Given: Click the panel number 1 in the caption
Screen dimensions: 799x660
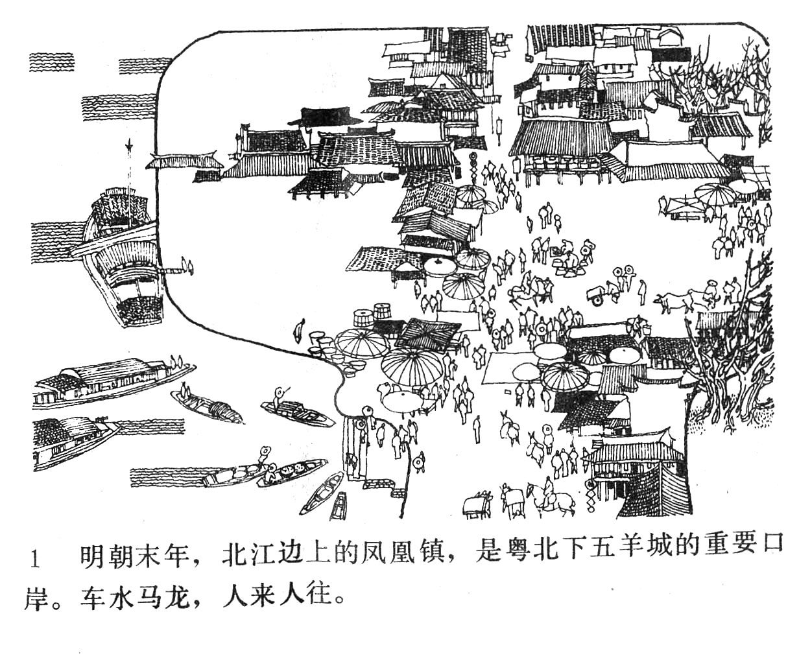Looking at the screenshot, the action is point(36,559).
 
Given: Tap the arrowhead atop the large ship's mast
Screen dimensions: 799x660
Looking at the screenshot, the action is point(130,146).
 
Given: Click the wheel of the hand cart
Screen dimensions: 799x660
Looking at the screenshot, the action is point(597,300).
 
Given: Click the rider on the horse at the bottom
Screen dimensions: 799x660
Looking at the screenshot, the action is point(549,490).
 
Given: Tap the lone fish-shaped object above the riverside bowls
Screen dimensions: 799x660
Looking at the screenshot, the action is point(298,331).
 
